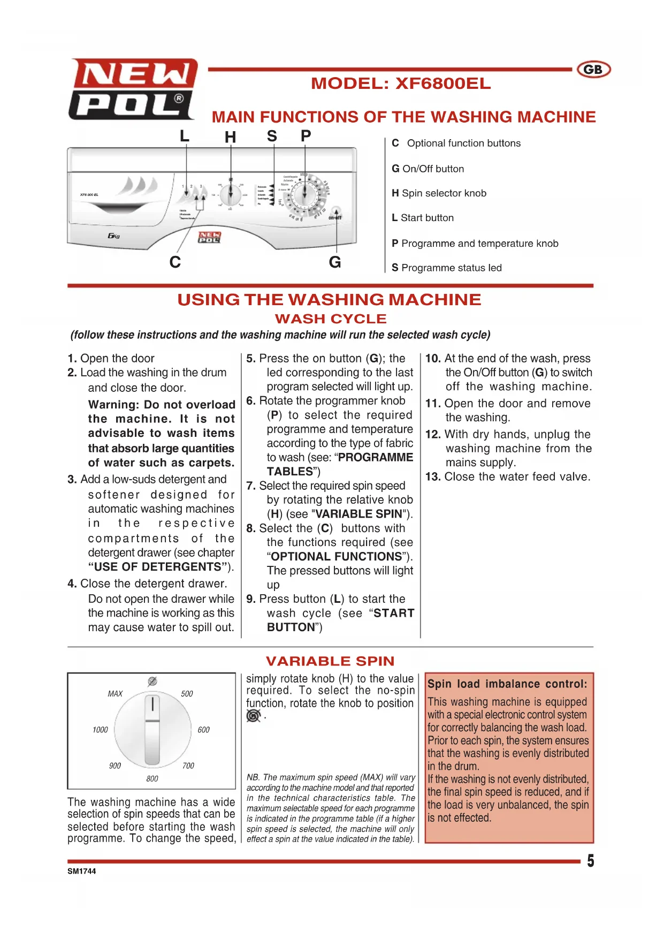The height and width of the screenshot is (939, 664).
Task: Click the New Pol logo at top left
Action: click(133, 89)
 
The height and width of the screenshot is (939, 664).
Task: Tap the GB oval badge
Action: click(593, 70)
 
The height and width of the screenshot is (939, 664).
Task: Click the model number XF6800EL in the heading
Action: click(442, 84)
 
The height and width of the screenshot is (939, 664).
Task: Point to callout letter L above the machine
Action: click(185, 136)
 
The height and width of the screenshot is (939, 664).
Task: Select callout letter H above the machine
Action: click(230, 138)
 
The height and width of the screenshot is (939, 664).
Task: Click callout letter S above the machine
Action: click(272, 136)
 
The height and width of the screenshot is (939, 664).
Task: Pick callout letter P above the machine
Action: click(306, 136)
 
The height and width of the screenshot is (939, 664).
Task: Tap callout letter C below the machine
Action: click(175, 262)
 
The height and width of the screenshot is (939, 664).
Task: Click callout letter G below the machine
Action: click(335, 262)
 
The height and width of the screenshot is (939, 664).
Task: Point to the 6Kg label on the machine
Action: click(113, 236)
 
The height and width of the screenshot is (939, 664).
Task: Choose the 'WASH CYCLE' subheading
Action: click(331, 319)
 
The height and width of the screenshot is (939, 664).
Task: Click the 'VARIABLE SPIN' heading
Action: click(330, 661)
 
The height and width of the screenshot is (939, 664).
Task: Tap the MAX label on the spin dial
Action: click(115, 694)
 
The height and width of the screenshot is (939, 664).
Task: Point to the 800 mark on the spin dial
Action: click(152, 779)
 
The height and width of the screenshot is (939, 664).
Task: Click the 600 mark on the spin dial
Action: click(203, 730)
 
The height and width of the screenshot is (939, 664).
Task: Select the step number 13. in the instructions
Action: click(433, 476)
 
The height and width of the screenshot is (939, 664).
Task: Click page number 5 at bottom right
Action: click(590, 861)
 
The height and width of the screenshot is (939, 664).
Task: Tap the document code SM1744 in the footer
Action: click(82, 871)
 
